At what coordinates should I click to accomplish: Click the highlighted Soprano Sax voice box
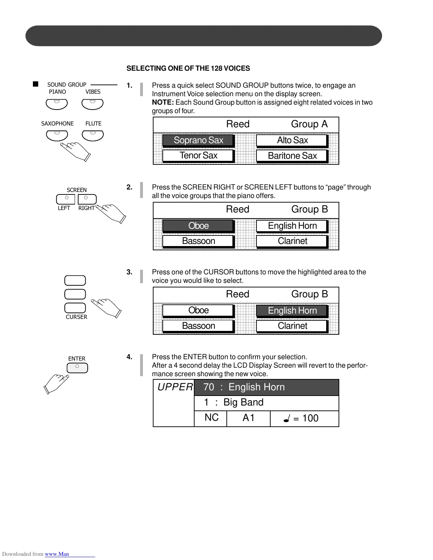(198, 140)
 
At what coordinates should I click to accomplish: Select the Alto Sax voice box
(292, 140)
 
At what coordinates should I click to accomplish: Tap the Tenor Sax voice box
(198, 156)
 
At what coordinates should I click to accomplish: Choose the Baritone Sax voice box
(292, 156)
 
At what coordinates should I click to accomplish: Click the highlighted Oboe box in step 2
(198, 226)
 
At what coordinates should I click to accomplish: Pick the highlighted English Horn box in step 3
(292, 310)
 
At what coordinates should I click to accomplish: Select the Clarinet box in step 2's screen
(292, 241)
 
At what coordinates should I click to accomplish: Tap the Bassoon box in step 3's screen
(198, 326)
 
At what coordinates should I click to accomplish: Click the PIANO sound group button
(57, 104)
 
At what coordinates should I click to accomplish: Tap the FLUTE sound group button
(93, 135)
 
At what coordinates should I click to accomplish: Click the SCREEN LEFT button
(66, 199)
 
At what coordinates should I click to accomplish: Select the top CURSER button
(75, 280)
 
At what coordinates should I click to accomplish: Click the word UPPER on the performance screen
(175, 387)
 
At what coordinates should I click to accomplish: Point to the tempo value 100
(310, 418)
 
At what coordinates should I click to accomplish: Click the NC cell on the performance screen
(211, 418)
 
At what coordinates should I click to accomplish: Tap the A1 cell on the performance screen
(248, 418)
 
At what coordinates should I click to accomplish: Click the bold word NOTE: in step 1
(163, 103)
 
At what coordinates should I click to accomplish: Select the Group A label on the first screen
(309, 124)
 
